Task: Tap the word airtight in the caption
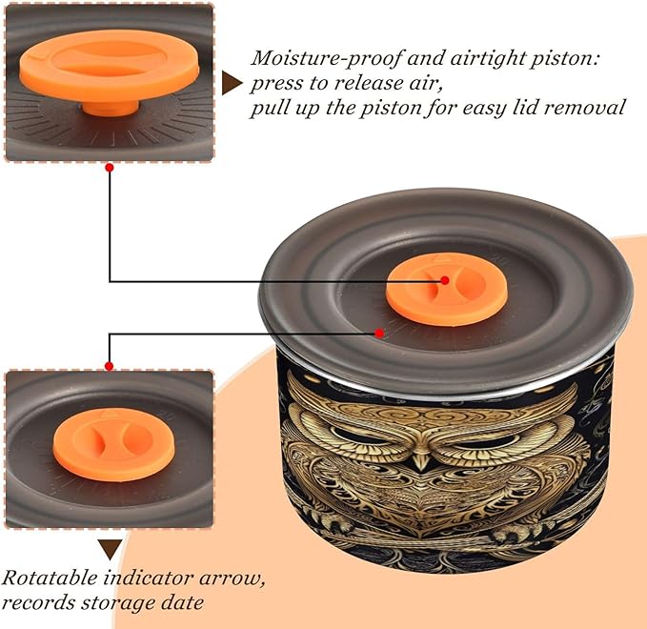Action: coord(487,58)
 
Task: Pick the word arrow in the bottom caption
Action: coord(232,578)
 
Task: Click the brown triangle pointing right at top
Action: coord(232,83)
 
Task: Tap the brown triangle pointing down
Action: coord(110,549)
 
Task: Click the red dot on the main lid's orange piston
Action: coord(445,280)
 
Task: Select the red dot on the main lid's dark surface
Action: coord(379,333)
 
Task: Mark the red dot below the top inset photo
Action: coord(110,168)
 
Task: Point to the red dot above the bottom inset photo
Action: coord(109,366)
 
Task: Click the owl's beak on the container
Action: coord(421,460)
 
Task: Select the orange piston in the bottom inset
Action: coord(109,445)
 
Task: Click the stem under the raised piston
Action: coord(111,108)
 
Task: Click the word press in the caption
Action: coord(276,84)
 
